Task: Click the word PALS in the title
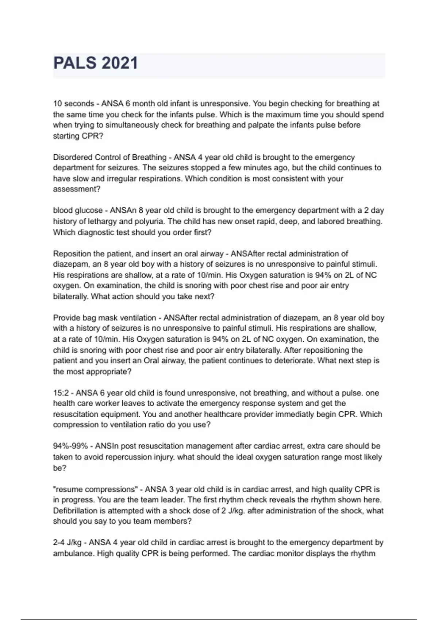(75, 63)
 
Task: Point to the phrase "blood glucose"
(78, 210)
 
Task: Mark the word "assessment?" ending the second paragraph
(77, 189)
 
